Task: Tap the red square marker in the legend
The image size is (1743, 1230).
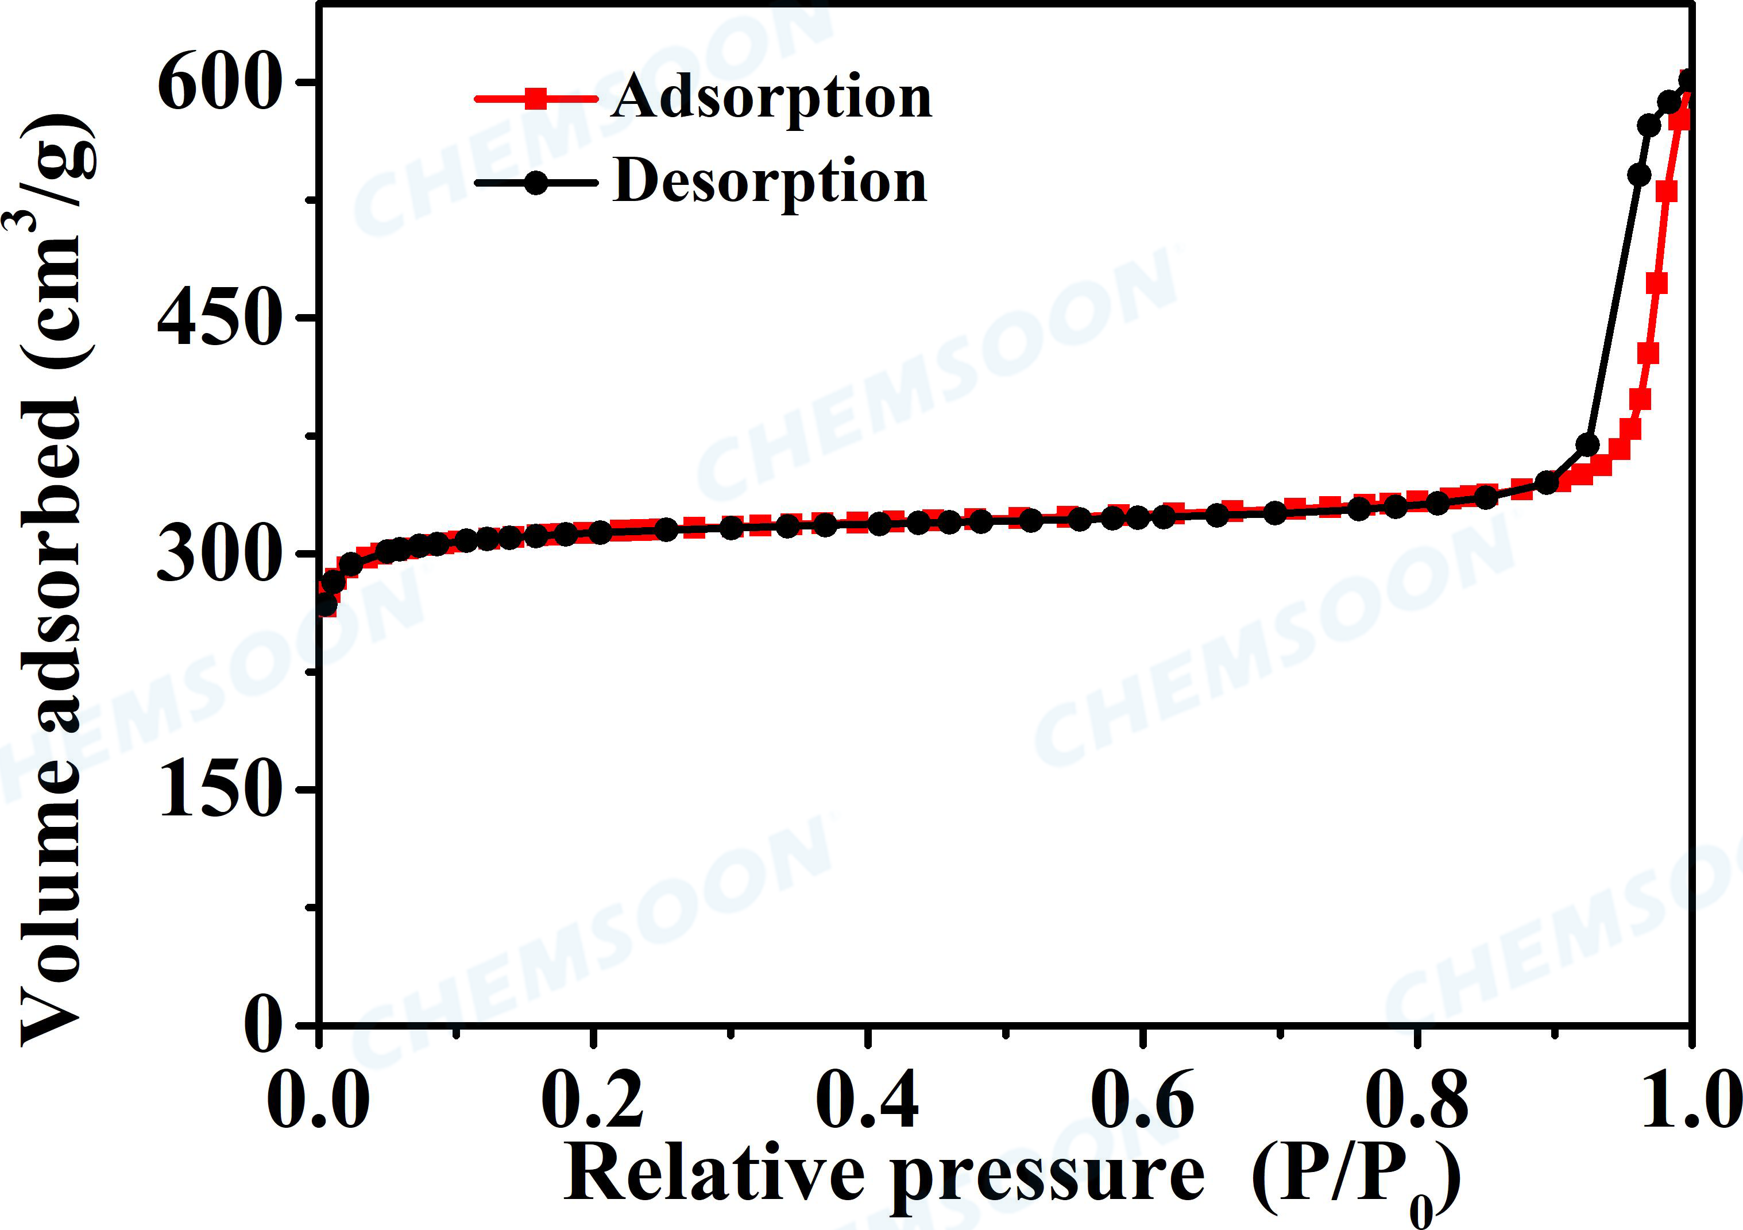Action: point(536,99)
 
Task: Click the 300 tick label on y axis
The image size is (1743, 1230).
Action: point(215,556)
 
